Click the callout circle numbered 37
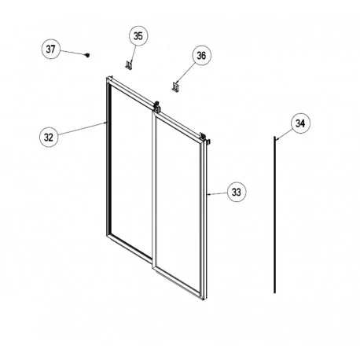tap(51, 49)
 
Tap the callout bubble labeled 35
tap(138, 36)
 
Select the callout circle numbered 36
tap(200, 56)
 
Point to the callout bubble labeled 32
tap(49, 136)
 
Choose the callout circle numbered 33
tap(235, 191)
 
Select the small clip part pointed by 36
tap(176, 84)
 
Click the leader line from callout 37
tap(72, 52)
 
